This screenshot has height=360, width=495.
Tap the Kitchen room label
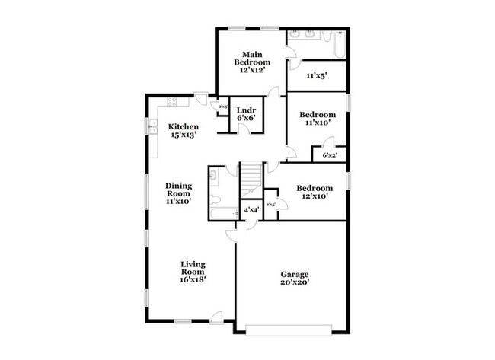click(184, 131)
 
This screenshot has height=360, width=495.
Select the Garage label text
click(292, 279)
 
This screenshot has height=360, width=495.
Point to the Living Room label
click(193, 272)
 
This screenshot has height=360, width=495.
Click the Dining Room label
click(179, 193)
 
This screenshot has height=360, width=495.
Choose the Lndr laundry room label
click(245, 113)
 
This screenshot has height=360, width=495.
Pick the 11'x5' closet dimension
click(317, 76)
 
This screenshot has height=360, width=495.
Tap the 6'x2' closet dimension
click(329, 155)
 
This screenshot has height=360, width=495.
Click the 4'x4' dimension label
click(251, 209)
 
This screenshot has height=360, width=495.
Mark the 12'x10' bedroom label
click(315, 193)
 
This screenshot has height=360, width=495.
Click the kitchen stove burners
click(171, 101)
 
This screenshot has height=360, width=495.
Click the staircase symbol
click(251, 180)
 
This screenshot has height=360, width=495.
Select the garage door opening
click(289, 329)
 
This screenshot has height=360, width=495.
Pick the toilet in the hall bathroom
click(216, 177)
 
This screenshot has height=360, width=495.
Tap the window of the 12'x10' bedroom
click(349, 180)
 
